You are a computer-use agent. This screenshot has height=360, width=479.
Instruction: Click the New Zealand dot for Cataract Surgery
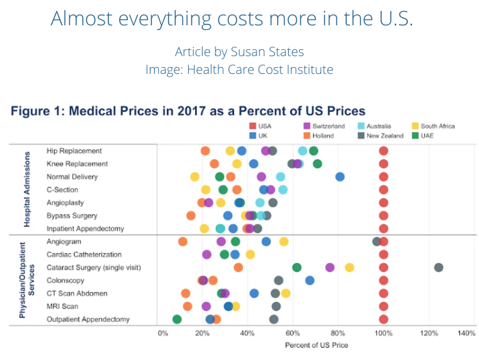pyautogui.click(x=439, y=267)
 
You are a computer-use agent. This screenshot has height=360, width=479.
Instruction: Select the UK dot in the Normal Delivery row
pyautogui.click(x=340, y=177)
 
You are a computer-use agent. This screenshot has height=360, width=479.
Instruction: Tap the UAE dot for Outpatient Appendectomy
pyautogui.click(x=177, y=319)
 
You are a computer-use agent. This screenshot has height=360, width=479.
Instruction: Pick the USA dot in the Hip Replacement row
pyautogui.click(x=384, y=151)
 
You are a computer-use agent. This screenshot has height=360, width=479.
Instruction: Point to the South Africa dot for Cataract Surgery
pyautogui.click(x=350, y=267)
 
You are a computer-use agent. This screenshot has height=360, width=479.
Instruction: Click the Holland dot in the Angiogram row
pyautogui.click(x=183, y=242)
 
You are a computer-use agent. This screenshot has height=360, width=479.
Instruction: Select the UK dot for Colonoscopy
pyautogui.click(x=310, y=281)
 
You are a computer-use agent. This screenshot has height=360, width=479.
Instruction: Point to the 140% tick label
pyautogui.click(x=466, y=333)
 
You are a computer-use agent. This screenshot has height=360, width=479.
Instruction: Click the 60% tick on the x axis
pyautogui.click(x=294, y=333)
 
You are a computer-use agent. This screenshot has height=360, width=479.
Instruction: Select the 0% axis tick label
pyautogui.click(x=163, y=333)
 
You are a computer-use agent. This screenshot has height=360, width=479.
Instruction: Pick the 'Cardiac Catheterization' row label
pyautogui.click(x=84, y=255)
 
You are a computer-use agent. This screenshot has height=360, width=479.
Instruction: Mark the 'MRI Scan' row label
pyautogui.click(x=62, y=306)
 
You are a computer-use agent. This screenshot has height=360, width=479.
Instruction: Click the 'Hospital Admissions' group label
pyautogui.click(x=27, y=190)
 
